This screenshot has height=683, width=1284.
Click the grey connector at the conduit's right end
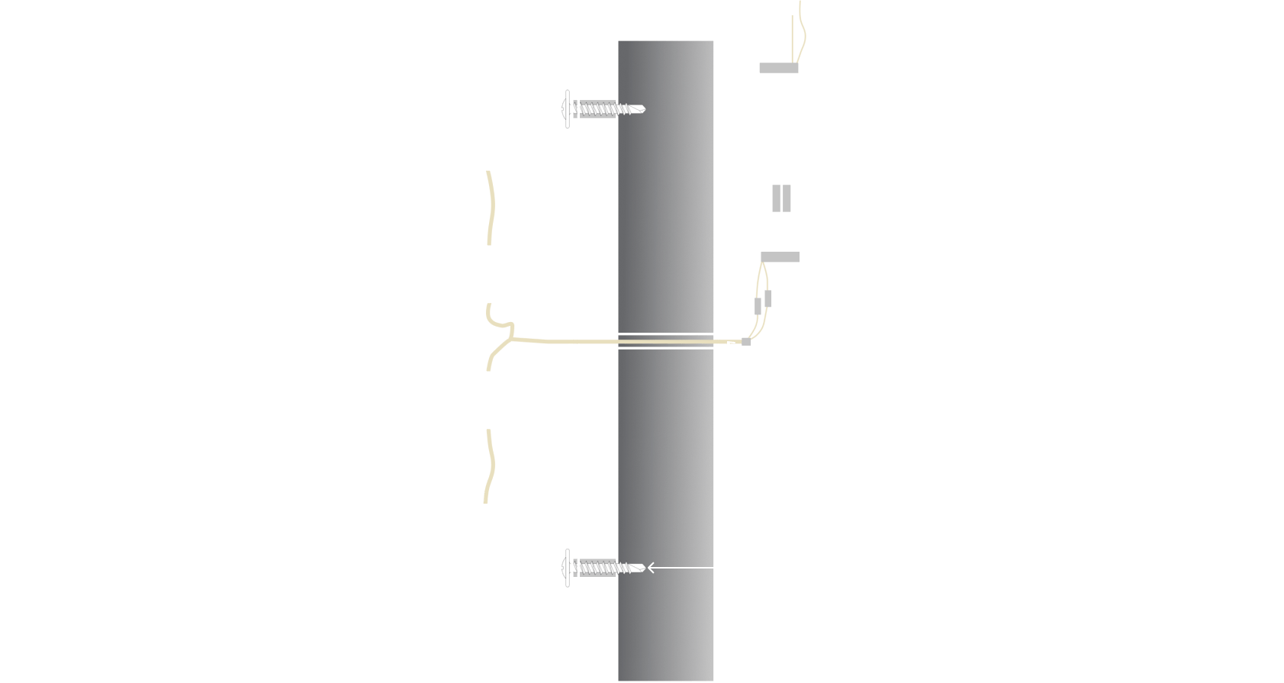(745, 341)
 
